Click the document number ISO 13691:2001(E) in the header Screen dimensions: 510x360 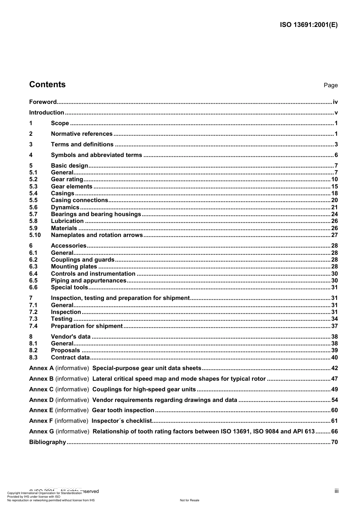pyautogui.click(x=308, y=25)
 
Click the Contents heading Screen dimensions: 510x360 pyautogui.click(x=47, y=85)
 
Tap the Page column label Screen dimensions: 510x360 pyautogui.click(x=330, y=85)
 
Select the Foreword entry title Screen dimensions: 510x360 pyautogui.click(x=43, y=102)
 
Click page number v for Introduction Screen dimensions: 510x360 pyautogui.click(x=336, y=113)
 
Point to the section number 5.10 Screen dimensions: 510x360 pyautogui.click(x=35, y=235)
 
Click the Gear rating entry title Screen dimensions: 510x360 pyautogui.click(x=67, y=179)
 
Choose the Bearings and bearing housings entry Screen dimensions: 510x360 pyautogui.click(x=96, y=214)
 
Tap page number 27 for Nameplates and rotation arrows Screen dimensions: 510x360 pyautogui.click(x=334, y=235)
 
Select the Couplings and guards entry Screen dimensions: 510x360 pyautogui.click(x=83, y=260)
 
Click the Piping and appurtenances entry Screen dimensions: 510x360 pyautogui.click(x=89, y=281)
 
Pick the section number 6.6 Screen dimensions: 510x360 pyautogui.click(x=33, y=287)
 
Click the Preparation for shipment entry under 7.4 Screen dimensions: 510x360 pyautogui.click(x=87, y=326)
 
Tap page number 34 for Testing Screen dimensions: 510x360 pyautogui.click(x=334, y=319)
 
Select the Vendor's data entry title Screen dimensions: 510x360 pyautogui.click(x=71, y=337)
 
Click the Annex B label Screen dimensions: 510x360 pyautogui.click(x=41, y=379)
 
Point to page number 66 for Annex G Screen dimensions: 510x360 pyautogui.click(x=334, y=432)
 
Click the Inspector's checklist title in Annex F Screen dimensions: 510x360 pyautogui.click(x=122, y=421)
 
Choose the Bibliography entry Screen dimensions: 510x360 pyautogui.click(x=48, y=442)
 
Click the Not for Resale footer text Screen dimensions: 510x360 pyautogui.click(x=189, y=500)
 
